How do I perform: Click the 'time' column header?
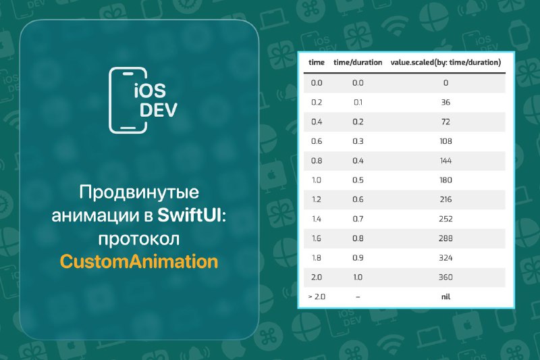pos(317,62)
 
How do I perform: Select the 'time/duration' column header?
pos(358,62)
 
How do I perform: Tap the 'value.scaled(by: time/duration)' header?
pos(446,62)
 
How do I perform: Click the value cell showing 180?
pos(446,180)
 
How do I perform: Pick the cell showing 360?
pos(446,277)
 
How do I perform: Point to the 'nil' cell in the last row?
pos(446,297)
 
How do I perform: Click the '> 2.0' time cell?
pos(317,297)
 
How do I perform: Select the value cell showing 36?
pos(446,102)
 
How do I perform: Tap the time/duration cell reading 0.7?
pos(358,219)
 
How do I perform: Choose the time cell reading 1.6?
pos(317,238)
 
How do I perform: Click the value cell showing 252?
pos(446,219)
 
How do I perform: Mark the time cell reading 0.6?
pos(317,141)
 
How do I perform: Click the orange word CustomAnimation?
pos(139,261)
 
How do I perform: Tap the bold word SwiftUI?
pos(189,215)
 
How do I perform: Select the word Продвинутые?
pos(139,192)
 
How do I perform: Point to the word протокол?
pos(139,239)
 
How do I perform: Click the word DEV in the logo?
pos(159,109)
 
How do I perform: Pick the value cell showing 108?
pos(446,141)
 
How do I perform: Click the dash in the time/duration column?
pos(358,297)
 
